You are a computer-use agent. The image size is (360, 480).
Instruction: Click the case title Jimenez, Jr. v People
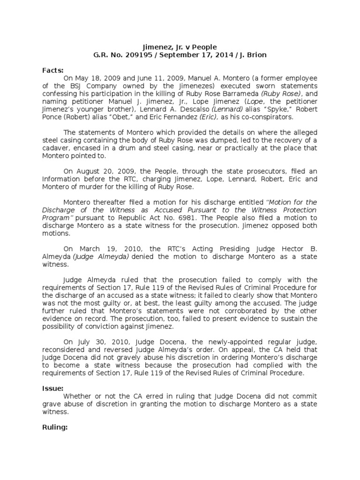[x=180, y=47]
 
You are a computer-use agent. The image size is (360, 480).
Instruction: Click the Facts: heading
[x=52, y=70]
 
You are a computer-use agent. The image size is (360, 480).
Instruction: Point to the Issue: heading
[x=52, y=389]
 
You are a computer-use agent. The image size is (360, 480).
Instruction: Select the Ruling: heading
[x=55, y=427]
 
